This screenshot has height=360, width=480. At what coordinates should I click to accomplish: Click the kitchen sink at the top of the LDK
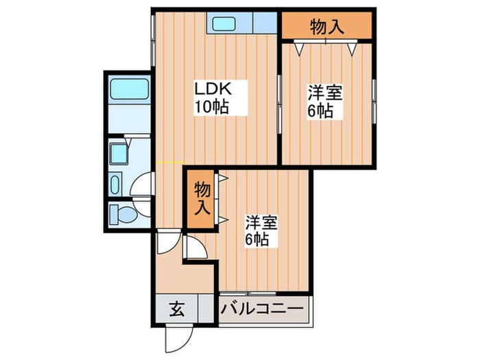(x=224, y=25)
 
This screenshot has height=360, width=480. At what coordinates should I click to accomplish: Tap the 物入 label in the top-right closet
(x=326, y=27)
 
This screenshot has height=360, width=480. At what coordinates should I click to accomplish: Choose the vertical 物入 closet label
(x=200, y=198)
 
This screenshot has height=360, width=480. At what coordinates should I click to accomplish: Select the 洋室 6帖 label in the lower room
(x=261, y=231)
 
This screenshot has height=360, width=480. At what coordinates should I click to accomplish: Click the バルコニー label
(x=262, y=309)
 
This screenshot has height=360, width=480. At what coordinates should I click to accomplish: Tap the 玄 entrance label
(x=176, y=309)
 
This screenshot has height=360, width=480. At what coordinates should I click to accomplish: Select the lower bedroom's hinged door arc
(x=195, y=248)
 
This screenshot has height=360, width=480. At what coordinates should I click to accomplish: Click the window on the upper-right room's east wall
(x=374, y=101)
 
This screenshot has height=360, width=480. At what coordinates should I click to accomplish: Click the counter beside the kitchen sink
(x=263, y=25)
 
